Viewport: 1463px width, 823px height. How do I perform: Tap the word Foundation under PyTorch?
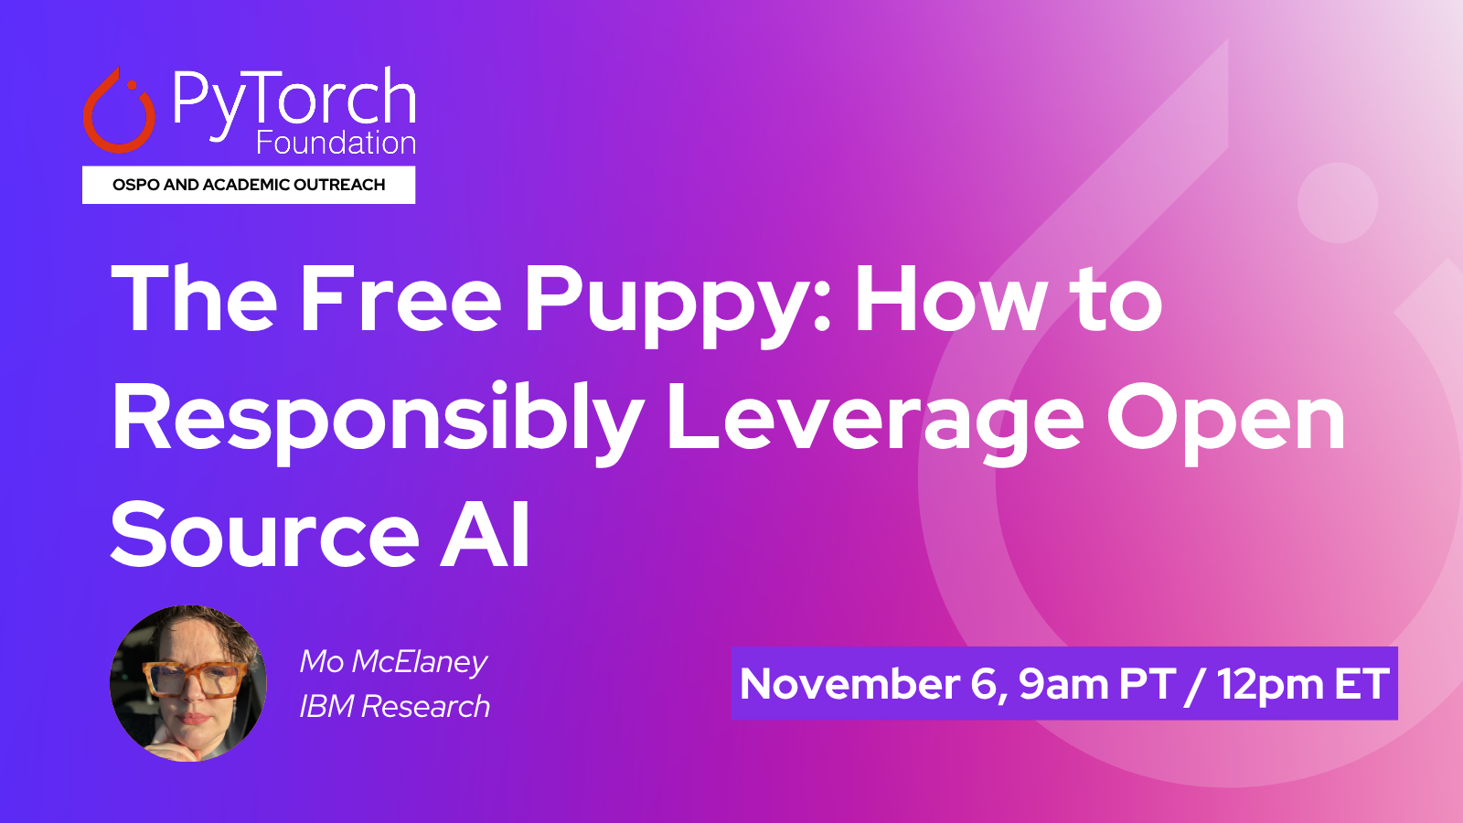(x=336, y=143)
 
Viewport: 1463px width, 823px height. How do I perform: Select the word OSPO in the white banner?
(x=136, y=185)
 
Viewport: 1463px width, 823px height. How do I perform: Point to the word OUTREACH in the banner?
(x=339, y=185)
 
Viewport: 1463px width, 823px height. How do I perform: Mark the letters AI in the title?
(x=486, y=535)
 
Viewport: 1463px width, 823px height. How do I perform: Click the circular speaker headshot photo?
(x=188, y=683)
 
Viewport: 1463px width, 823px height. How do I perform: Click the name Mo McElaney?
(x=393, y=662)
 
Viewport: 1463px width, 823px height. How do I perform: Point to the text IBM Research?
(x=394, y=707)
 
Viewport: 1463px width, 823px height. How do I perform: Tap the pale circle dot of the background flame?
(x=1337, y=202)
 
